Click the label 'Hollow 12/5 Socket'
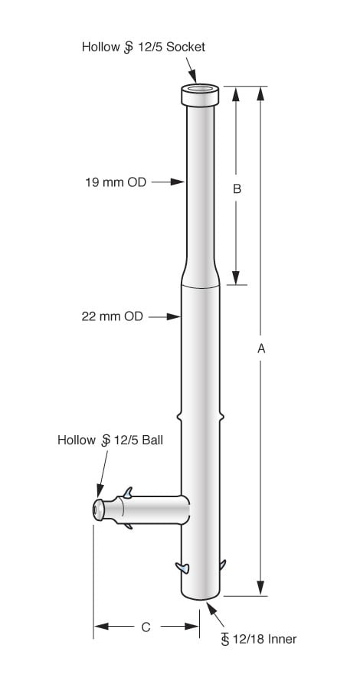[x=143, y=47]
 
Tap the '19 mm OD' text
[x=116, y=182]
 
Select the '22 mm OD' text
[x=113, y=316]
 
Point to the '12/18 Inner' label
[x=258, y=638]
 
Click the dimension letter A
[x=261, y=348]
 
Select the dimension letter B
[x=237, y=188]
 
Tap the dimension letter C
[x=146, y=627]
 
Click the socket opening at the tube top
[x=201, y=90]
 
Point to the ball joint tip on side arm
[x=98, y=510]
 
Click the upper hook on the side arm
[x=128, y=492]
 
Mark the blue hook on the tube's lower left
[x=182, y=567]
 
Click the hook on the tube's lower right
[x=223, y=565]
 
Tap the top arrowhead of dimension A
[x=261, y=93]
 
